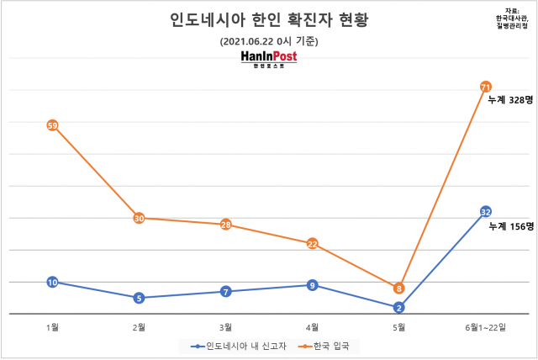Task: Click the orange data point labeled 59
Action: click(52, 125)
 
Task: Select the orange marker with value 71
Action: click(486, 87)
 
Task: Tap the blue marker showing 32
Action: click(486, 211)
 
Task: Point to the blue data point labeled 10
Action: click(52, 282)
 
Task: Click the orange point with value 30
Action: click(139, 218)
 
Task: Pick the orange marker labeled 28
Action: click(225, 225)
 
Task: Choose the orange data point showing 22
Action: click(312, 244)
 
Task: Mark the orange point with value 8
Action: click(399, 288)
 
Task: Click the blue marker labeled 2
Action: click(399, 307)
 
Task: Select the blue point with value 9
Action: click(312, 285)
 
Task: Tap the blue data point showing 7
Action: click(225, 291)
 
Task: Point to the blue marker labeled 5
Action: click(139, 298)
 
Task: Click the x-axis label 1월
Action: click(52, 326)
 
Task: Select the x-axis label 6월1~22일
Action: click(486, 326)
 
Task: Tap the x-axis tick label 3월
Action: click(225, 326)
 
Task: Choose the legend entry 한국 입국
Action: click(329, 345)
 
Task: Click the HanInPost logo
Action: click(268, 60)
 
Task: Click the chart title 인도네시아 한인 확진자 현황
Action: click(269, 19)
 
